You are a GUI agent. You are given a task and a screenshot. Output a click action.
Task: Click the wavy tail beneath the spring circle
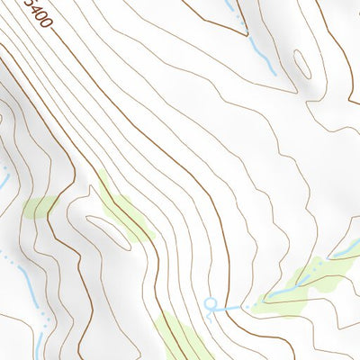[x=209, y=315]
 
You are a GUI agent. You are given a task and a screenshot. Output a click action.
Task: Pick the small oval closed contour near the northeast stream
[x=301, y=64]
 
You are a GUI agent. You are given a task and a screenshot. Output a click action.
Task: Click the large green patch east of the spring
[x=301, y=283]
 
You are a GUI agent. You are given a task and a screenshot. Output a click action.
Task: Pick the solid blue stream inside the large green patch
[x=290, y=288]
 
